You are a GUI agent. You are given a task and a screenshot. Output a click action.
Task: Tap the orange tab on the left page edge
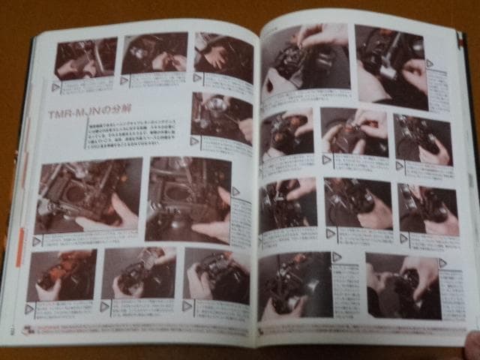coord(20,247)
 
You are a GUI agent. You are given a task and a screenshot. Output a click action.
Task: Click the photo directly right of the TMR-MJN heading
coord(221,116)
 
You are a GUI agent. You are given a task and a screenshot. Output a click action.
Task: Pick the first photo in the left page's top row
coord(85,58)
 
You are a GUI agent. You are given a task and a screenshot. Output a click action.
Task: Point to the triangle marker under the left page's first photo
coord(56,87)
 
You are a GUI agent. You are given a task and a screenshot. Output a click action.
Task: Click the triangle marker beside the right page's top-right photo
coord(430,64)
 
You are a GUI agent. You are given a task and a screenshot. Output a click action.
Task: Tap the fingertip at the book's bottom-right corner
coord(472,346)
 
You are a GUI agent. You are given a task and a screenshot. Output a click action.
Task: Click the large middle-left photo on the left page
coord(87,196)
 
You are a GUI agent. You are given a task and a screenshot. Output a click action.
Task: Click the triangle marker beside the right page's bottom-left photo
coord(337,257)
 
